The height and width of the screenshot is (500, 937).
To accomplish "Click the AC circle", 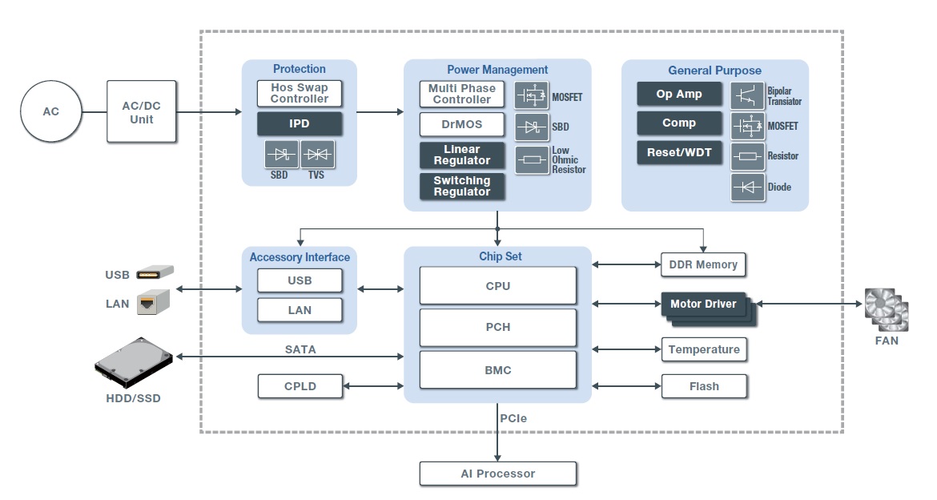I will [x=51, y=111].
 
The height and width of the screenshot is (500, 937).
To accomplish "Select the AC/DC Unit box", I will [x=142, y=111].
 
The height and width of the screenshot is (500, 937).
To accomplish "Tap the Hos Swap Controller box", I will [x=300, y=94].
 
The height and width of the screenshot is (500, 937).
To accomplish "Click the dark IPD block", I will [x=300, y=124].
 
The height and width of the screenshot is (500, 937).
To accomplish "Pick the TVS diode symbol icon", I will [x=316, y=154].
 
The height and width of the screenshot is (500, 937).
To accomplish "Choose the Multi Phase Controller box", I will [x=462, y=95].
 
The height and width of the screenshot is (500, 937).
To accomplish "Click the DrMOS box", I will [x=462, y=125].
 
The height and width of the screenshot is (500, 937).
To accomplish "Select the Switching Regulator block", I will [x=462, y=187].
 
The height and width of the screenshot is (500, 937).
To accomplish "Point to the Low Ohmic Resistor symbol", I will [x=531, y=159].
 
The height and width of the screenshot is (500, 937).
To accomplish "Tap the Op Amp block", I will [x=679, y=94].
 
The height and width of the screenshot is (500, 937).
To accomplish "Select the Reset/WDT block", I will [x=679, y=152].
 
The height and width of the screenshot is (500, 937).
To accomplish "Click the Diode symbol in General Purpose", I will [x=747, y=187].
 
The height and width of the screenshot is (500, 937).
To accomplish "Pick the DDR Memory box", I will [x=704, y=264].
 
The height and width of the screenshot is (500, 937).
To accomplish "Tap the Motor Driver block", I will [x=703, y=304].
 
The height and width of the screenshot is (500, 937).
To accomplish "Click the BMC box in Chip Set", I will [x=497, y=370].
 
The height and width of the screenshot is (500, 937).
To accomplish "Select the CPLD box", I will [x=300, y=386].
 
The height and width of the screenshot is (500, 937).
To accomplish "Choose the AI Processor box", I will [x=497, y=474].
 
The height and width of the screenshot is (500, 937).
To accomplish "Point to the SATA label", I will [x=300, y=349].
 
